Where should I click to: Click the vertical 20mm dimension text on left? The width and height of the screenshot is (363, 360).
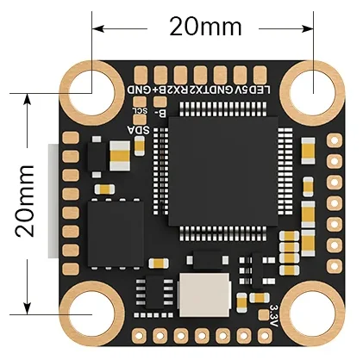pos(25,202)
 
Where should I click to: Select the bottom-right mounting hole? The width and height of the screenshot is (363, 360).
pos(311,312)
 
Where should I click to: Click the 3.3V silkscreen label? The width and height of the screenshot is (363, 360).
pos(274,307)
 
